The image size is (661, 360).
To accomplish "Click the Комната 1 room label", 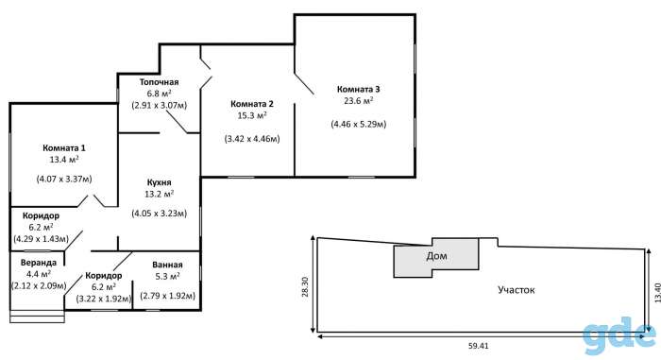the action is click(64, 148).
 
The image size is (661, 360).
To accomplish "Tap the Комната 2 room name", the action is click(252, 104).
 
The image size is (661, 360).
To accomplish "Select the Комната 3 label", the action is click(358, 89).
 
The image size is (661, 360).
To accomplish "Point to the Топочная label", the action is click(160, 82).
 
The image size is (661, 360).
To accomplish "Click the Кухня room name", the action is click(159, 182).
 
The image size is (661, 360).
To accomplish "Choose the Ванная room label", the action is click(167, 265).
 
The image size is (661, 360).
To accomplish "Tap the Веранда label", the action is click(39, 263).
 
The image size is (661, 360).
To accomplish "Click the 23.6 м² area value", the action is click(358, 101).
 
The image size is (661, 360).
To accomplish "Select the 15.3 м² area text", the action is click(252, 115).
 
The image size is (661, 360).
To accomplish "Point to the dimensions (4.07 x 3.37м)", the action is click(64, 179).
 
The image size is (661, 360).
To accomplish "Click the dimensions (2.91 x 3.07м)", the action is click(160, 105).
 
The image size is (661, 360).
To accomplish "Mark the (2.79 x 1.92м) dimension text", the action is click(167, 296).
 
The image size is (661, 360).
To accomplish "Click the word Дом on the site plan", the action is click(436, 256).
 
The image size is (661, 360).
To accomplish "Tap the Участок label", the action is click(517, 290).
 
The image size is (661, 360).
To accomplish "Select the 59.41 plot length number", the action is click(479, 346).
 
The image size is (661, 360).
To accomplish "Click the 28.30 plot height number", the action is click(305, 286).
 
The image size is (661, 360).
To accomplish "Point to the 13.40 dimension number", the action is click(657, 293).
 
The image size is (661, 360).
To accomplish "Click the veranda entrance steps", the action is click(37, 317).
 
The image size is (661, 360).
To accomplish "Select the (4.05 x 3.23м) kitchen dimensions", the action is click(159, 214).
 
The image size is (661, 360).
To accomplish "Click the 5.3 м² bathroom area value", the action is click(167, 277).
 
